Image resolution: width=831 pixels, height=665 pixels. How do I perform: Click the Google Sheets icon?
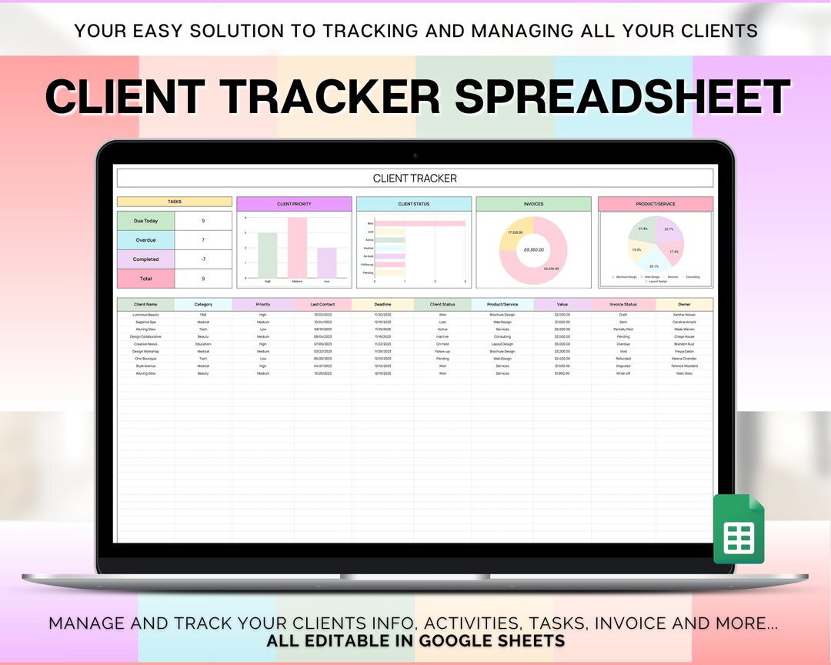739,529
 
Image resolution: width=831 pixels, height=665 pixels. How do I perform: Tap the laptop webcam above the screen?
415,155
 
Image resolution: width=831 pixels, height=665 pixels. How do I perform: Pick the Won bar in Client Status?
420,223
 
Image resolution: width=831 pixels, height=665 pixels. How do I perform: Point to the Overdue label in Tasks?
145,240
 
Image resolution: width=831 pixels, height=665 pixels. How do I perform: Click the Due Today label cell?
145,221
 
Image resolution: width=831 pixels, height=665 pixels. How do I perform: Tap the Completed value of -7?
203,259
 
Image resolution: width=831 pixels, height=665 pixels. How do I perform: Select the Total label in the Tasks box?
145,279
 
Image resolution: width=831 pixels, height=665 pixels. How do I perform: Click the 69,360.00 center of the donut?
533,249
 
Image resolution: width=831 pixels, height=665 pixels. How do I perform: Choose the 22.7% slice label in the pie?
669,229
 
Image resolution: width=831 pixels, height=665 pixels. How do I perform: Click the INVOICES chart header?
533,204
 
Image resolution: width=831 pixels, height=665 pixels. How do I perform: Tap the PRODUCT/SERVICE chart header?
656,204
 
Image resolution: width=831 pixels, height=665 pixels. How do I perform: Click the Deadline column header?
382,304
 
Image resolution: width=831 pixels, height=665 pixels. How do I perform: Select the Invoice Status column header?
623,304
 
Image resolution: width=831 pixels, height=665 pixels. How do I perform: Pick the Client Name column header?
145,304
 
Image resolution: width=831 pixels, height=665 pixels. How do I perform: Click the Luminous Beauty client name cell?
145,315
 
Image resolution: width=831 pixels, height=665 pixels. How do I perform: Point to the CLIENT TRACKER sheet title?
415,179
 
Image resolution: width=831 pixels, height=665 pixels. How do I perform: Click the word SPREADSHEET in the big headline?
622,98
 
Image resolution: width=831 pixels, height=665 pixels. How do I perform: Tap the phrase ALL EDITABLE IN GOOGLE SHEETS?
415,641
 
